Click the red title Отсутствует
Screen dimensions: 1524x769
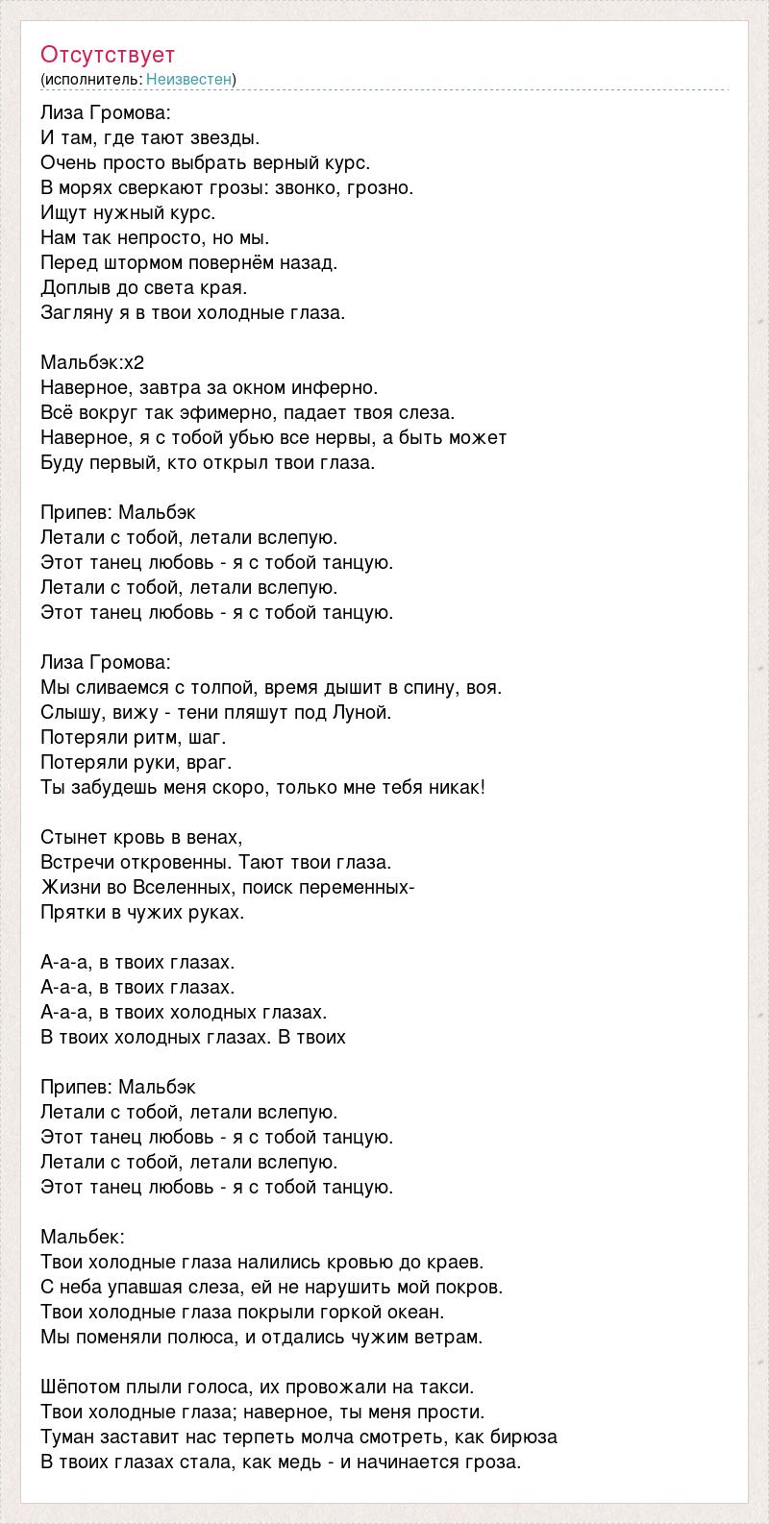(x=108, y=54)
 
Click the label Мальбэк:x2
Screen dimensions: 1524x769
(x=92, y=362)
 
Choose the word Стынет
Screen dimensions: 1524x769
(x=71, y=837)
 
